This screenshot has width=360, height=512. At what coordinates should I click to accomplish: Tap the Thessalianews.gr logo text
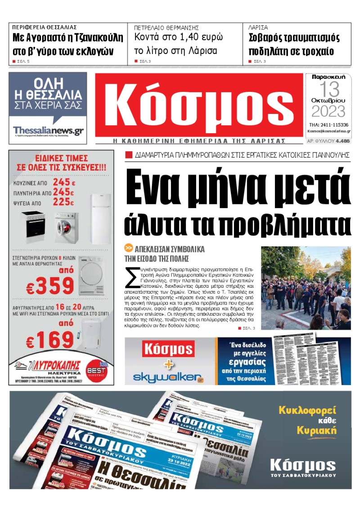tap(49, 131)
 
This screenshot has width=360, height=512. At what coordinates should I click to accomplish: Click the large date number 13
tap(328, 89)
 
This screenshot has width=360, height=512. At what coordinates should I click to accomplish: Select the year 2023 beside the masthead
tap(328, 111)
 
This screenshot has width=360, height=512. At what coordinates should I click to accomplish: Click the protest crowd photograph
tap(306, 288)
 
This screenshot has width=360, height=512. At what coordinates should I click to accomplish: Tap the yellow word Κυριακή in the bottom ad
tap(316, 430)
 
